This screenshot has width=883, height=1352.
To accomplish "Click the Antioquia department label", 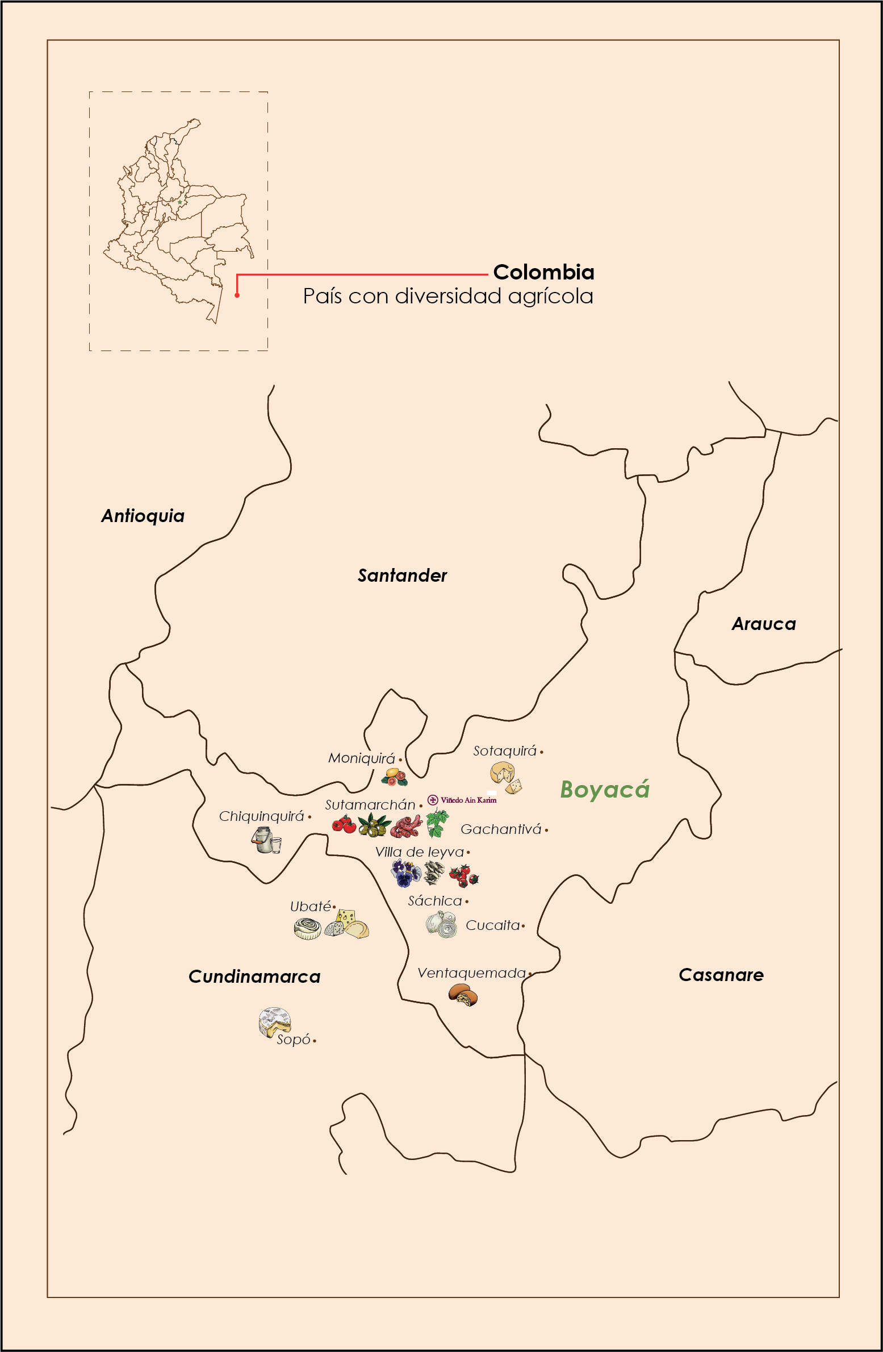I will click(143, 516).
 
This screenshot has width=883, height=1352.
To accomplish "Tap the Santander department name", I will click(402, 575).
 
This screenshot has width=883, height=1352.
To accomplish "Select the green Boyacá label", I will click(604, 790).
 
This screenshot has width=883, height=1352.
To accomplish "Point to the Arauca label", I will click(763, 624).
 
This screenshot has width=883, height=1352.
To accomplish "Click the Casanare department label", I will click(721, 975).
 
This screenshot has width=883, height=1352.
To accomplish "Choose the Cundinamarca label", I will click(254, 977).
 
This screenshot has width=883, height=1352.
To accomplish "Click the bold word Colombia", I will click(543, 272).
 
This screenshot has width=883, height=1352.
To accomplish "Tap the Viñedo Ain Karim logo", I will click(462, 800).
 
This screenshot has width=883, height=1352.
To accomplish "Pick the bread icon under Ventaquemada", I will click(463, 995).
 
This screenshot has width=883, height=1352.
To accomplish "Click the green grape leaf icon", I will click(437, 824).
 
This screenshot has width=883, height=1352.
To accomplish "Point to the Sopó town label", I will click(294, 1040).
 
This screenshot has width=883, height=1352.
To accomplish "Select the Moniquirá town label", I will click(362, 758).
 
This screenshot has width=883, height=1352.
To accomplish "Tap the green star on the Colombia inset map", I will click(180, 202).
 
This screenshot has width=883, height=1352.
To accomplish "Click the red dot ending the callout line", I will click(237, 295).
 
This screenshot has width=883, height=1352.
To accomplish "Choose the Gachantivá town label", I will click(501, 829).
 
